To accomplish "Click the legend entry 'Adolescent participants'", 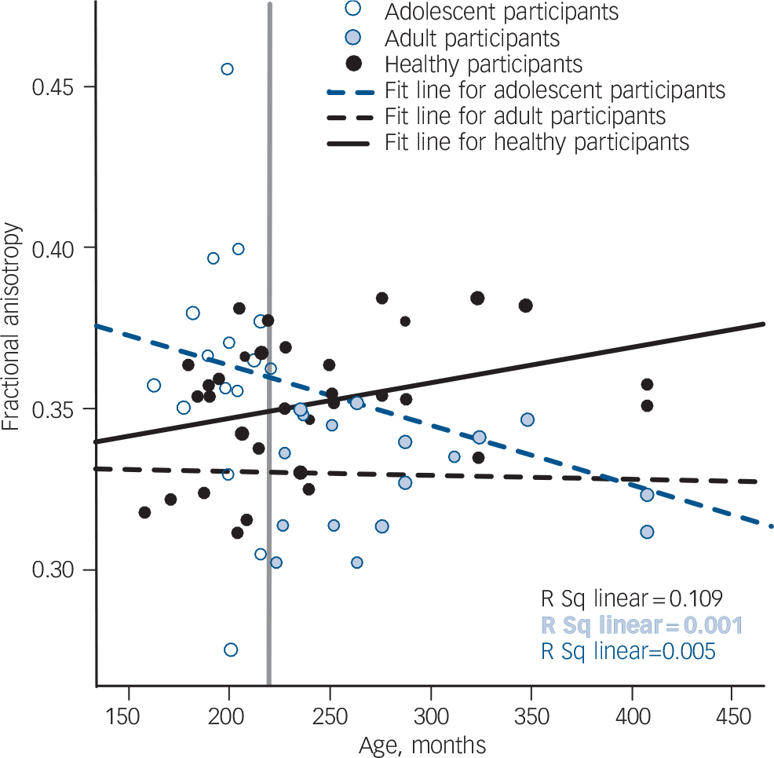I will tap(502, 13).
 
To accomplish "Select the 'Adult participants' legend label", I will tap(473, 38).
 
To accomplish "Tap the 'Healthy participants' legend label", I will tap(484, 64).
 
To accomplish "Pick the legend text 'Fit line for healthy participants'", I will tap(537, 142).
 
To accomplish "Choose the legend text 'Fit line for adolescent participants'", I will tap(555, 90).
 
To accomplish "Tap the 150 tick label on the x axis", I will tap(128, 719).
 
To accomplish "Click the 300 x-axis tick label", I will tap(429, 719).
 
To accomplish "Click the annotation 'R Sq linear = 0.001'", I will tap(641, 625).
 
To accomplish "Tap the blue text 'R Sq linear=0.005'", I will tap(628, 651).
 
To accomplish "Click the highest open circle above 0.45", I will tap(227, 69).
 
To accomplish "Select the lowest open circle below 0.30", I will tap(231, 650).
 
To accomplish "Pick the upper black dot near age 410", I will tap(647, 384).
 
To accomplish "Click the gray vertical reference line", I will tap(269, 471).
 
